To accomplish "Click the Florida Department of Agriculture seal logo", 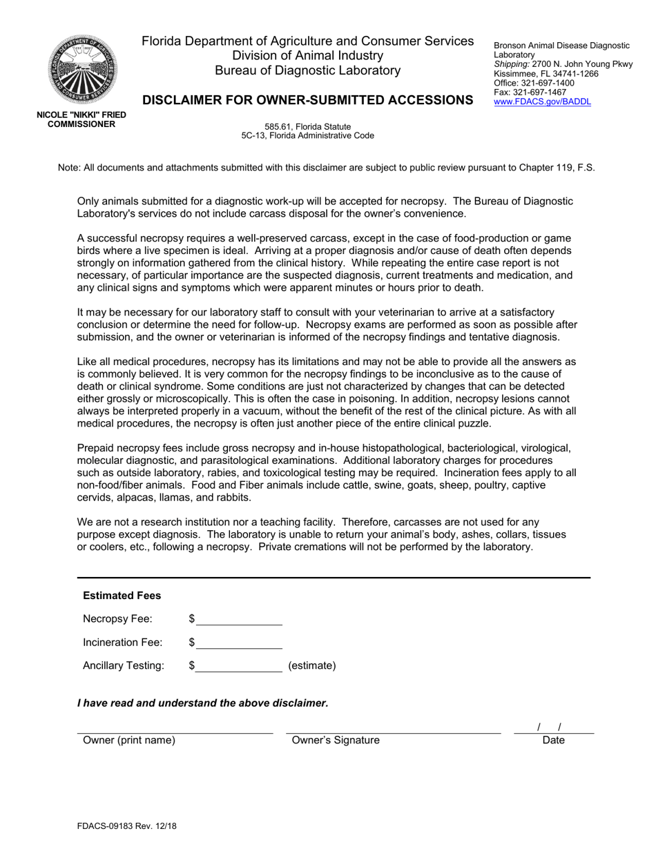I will pos(81,70).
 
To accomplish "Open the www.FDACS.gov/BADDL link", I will pos(542,101).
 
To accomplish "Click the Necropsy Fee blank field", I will pos(239,618).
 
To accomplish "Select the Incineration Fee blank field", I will pos(239,643).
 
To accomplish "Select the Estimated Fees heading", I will pos(122,596).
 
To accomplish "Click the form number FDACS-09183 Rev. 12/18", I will pos(122,825).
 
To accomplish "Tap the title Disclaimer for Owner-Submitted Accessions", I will pos(307,100).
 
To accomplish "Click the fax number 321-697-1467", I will pos(530,92).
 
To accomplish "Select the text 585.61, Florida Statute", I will pos(307,126).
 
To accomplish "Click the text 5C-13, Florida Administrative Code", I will pos(307,135).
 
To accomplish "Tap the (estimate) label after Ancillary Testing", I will pos(311,666).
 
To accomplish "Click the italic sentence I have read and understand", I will pos(202,703).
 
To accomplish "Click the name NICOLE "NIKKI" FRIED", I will pos(81,115).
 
